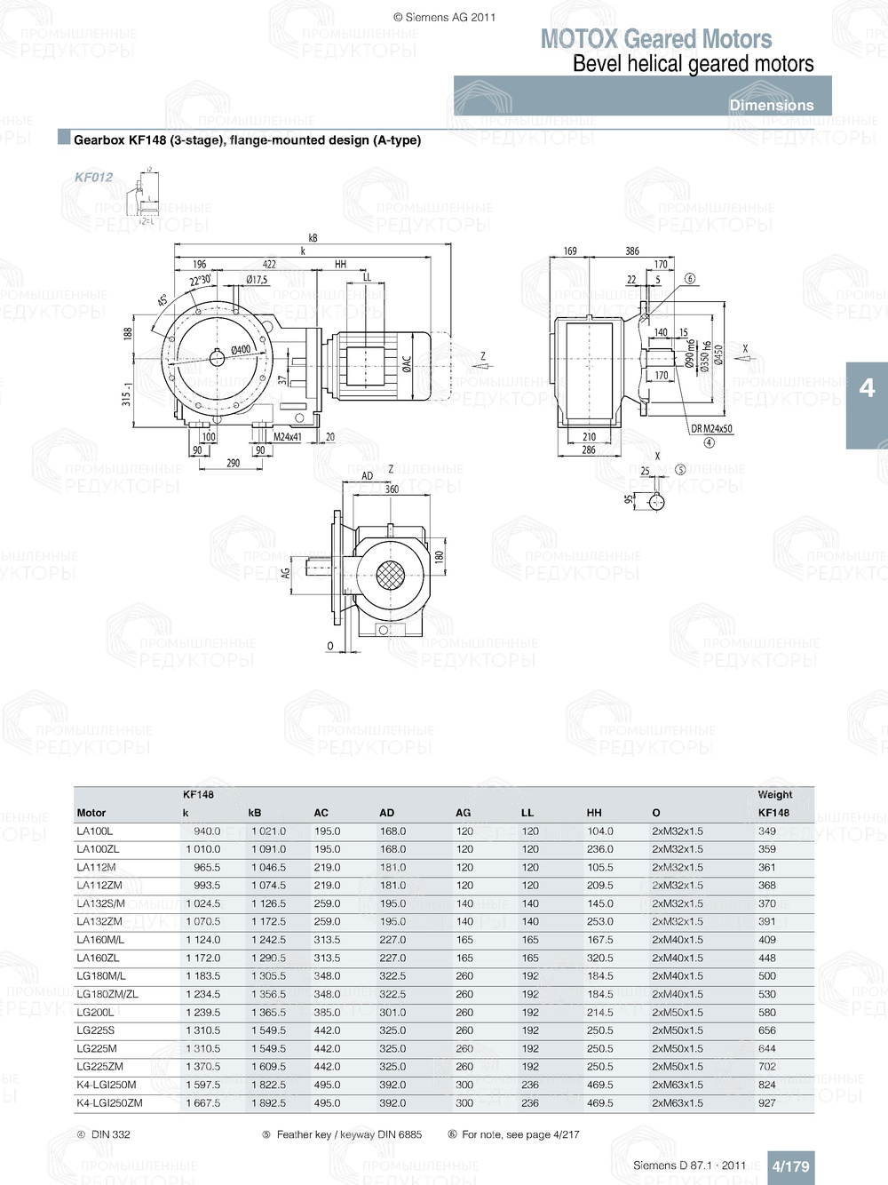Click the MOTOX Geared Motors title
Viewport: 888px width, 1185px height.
[656, 39]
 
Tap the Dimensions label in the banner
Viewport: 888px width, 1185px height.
[771, 105]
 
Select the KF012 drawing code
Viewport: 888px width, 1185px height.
[93, 177]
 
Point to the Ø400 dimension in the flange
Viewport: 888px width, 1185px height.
[241, 350]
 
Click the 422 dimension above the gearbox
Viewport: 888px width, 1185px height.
[269, 264]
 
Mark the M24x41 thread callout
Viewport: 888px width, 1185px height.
[287, 437]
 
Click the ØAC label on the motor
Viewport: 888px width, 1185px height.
[407, 364]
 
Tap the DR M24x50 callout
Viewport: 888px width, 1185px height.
[711, 429]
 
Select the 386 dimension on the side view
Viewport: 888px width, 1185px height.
[631, 251]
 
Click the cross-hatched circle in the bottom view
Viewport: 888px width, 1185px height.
[391, 576]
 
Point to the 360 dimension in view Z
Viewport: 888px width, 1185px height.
[392, 489]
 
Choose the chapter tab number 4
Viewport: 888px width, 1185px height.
[867, 388]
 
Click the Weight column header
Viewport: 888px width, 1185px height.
[774, 795]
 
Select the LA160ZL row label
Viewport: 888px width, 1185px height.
[98, 958]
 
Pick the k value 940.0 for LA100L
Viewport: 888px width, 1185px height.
[207, 831]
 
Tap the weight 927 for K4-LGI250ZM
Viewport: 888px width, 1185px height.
[767, 1103]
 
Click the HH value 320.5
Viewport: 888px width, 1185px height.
[599, 958]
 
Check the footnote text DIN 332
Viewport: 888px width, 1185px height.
[110, 1134]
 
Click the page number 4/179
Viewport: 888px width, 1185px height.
[790, 1166]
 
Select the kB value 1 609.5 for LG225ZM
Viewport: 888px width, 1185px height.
[268, 1067]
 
